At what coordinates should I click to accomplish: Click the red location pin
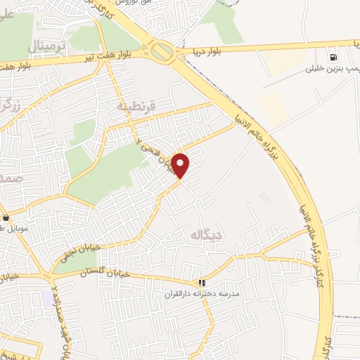181,165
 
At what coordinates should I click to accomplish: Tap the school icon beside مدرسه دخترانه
202,283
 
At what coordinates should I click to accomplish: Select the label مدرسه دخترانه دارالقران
202,292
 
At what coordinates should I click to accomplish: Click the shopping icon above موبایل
6,218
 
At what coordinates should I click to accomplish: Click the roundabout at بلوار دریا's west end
162,51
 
